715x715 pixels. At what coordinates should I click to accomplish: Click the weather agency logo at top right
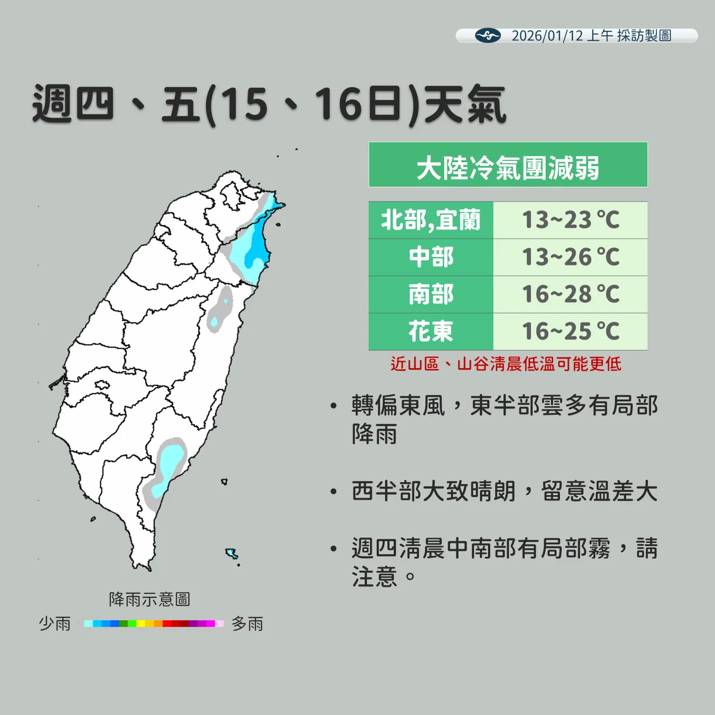pos(488,36)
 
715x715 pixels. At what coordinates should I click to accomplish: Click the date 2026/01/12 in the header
pos(547,36)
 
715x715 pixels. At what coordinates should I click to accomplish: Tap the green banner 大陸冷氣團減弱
pos(508,165)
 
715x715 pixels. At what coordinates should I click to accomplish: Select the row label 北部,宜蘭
pos(431,220)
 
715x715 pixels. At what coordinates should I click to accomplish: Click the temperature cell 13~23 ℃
pos(570,220)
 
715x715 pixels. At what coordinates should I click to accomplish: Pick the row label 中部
pos(431,258)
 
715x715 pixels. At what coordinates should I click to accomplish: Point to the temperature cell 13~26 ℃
pos(570,258)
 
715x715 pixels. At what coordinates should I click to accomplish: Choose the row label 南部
pos(431,294)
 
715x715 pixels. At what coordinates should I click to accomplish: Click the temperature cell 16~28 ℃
pos(570,294)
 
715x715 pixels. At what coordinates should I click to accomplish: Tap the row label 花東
pos(431,332)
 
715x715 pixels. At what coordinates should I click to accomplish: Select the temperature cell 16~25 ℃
pos(570,332)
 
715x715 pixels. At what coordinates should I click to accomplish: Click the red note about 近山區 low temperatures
pos(506,364)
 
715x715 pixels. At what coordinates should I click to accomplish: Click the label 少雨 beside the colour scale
pos(55,623)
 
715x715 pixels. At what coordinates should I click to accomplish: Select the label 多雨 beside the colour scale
pos(247,623)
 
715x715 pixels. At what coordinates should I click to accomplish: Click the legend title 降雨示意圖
pos(149,599)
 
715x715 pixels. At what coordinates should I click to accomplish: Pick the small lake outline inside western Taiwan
pos(102,385)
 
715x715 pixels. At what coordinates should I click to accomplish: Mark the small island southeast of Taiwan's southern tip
pos(231,554)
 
